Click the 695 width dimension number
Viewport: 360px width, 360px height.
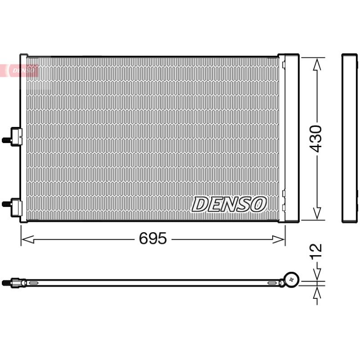click(x=153, y=238)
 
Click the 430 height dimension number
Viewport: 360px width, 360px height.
click(x=316, y=139)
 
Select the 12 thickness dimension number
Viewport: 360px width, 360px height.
click(x=316, y=252)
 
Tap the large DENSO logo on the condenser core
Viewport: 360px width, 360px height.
click(x=229, y=204)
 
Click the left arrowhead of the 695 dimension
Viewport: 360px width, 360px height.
click(x=27, y=239)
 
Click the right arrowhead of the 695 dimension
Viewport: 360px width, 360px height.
click(x=279, y=239)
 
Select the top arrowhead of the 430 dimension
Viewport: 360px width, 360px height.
click(x=317, y=64)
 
